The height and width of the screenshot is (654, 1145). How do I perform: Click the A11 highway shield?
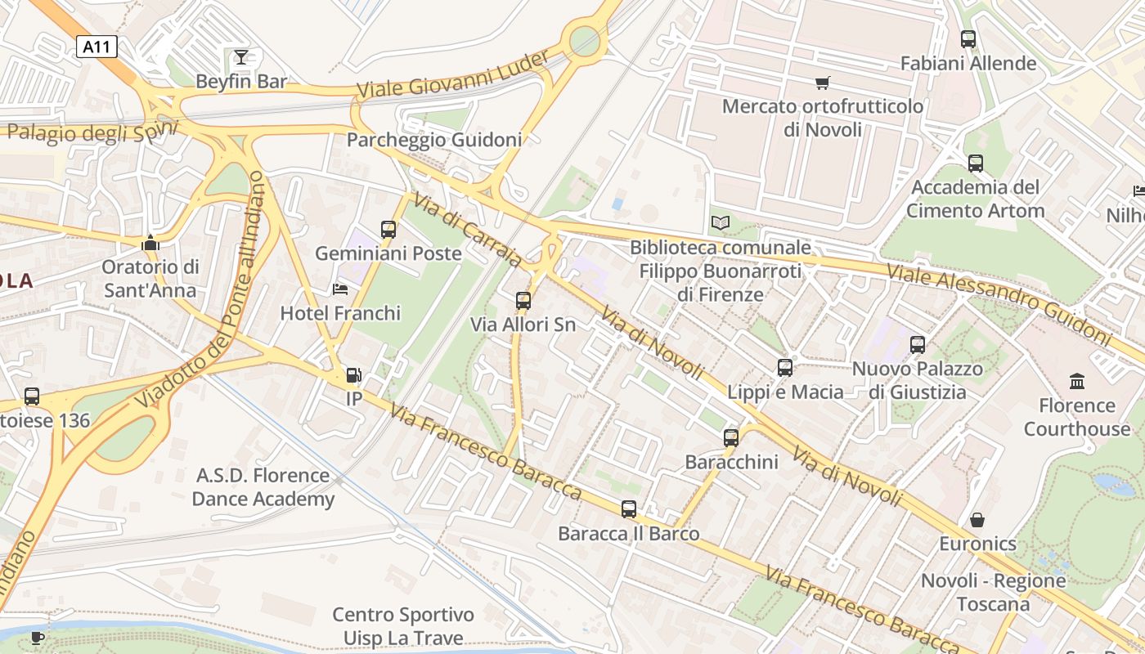coord(97,47)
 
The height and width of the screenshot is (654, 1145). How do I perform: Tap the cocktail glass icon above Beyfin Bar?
coord(240,56)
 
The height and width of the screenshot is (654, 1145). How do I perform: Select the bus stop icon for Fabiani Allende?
coord(968,38)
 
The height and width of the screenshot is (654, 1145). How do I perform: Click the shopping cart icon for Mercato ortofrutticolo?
coord(822,83)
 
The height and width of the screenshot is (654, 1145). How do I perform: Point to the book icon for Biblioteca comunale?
coord(720,223)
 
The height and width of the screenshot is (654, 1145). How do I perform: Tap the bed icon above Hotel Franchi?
coord(340,289)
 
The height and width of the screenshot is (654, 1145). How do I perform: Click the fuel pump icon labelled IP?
coord(353,375)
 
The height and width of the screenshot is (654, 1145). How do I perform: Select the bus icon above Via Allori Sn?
coord(523,301)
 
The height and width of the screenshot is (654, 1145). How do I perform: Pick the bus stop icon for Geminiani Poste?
coord(388,230)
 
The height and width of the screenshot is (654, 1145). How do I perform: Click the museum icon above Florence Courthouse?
coord(1077,381)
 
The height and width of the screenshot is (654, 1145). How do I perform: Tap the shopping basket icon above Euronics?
coord(977,520)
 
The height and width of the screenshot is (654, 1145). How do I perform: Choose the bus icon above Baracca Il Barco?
coord(628,509)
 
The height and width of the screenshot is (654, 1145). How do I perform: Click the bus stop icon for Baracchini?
coord(731,438)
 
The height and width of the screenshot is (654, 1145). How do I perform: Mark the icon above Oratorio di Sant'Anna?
coord(149,243)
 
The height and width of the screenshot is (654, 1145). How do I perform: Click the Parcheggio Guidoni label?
coord(433,140)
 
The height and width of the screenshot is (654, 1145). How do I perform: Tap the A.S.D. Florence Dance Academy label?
coord(263,487)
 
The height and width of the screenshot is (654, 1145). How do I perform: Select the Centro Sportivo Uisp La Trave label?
coord(403,626)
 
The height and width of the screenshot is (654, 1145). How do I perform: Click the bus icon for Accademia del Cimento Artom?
coord(975,163)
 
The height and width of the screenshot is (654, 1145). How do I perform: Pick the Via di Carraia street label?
coord(466,230)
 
